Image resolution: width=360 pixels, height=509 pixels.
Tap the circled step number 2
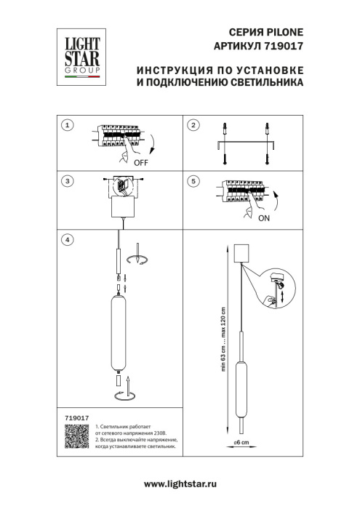(x=193, y=125)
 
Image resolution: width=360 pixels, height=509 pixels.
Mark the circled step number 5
(x=193, y=180)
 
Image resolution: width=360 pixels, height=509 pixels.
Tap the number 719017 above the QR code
(x=77, y=417)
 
